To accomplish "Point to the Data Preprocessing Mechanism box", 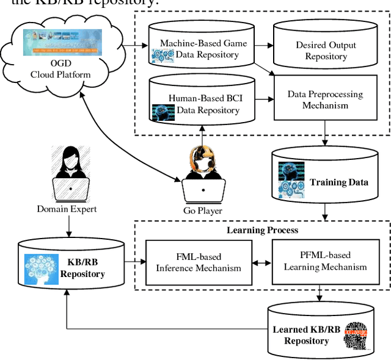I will [324, 99].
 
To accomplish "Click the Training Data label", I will [338, 182].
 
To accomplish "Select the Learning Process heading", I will [262, 230].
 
